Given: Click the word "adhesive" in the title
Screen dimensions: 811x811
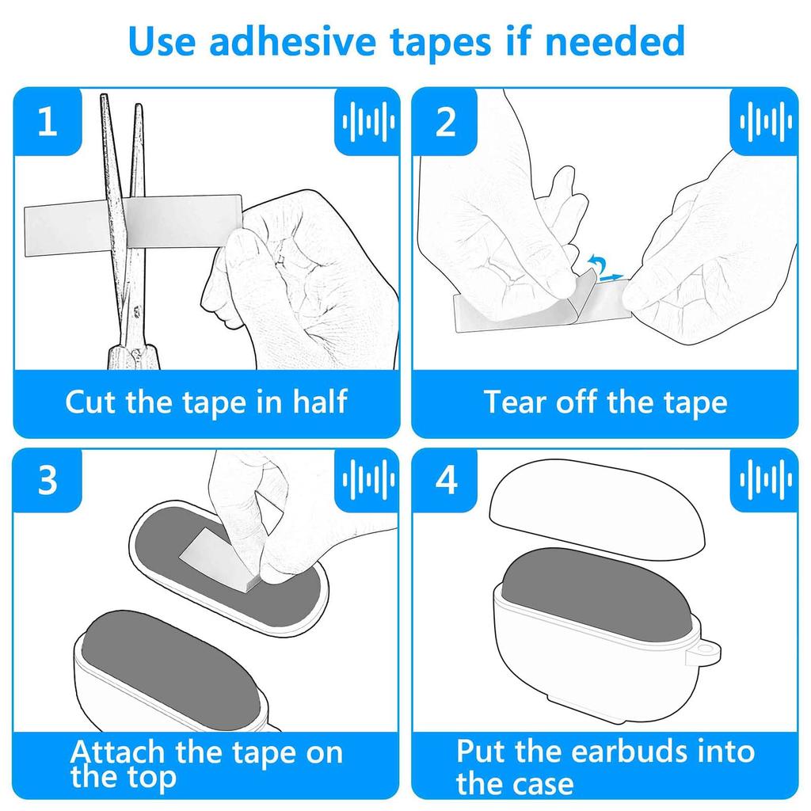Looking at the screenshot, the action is pos(291,41).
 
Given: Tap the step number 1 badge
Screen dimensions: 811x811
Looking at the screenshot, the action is pos(48,121).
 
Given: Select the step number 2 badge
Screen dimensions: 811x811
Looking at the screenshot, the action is pos(445,121).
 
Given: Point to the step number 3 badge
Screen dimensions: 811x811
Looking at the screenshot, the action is pos(48,480).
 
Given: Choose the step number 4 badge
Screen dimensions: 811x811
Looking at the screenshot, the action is pos(445,480).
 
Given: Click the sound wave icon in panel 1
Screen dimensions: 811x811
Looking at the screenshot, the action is pos(367,121).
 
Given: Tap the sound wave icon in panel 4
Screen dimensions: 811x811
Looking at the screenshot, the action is pos(765,480).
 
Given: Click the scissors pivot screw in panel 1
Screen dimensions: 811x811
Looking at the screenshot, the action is pos(136,312).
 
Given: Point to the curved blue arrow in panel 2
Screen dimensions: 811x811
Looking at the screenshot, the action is pos(597,261).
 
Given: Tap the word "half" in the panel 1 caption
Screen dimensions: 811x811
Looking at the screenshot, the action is pos(320,402).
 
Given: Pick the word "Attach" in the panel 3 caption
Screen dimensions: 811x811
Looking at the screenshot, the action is pos(117,752).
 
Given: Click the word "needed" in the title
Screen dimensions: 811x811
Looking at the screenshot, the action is pos(615,41).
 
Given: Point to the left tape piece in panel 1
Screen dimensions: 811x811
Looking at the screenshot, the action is pos(65,230).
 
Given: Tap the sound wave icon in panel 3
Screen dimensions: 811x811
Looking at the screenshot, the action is pos(367,480).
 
